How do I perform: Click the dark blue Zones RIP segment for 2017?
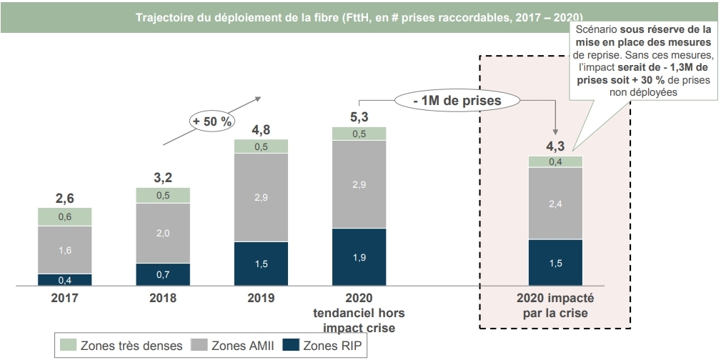pos(65,279)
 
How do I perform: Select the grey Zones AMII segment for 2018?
pos(164,233)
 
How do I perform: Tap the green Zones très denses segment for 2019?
pos(262,146)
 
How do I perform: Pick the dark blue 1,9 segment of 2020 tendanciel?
pos(359,257)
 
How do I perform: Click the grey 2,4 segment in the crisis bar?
pos(555,204)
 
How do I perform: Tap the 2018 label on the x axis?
pos(164,297)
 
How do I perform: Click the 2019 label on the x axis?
pos(262,297)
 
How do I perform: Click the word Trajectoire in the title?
pos(164,16)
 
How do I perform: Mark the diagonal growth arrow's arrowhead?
pos(259,99)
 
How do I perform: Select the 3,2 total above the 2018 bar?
pos(164,177)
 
